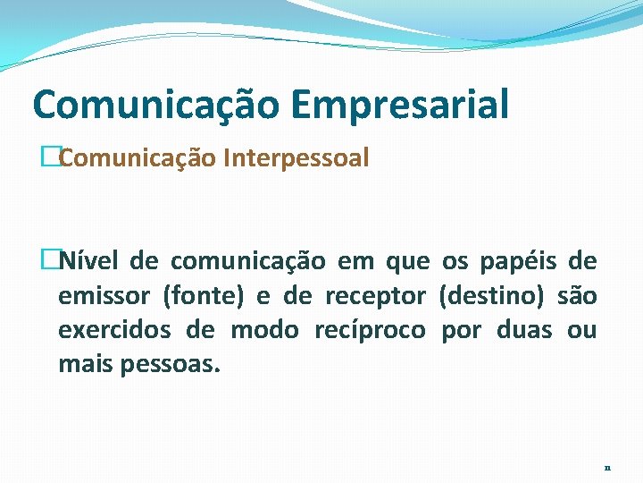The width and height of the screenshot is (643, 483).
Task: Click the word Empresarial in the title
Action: pos(398,104)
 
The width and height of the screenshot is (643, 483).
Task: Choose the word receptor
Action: pos(375,295)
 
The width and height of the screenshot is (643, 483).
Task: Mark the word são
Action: pos(576,295)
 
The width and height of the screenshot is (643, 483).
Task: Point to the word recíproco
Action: pos(370,329)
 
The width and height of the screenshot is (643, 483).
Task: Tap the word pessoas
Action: pos(173,363)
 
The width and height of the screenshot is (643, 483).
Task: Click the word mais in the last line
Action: pos(83,363)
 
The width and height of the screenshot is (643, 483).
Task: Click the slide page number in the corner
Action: pos(607,467)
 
